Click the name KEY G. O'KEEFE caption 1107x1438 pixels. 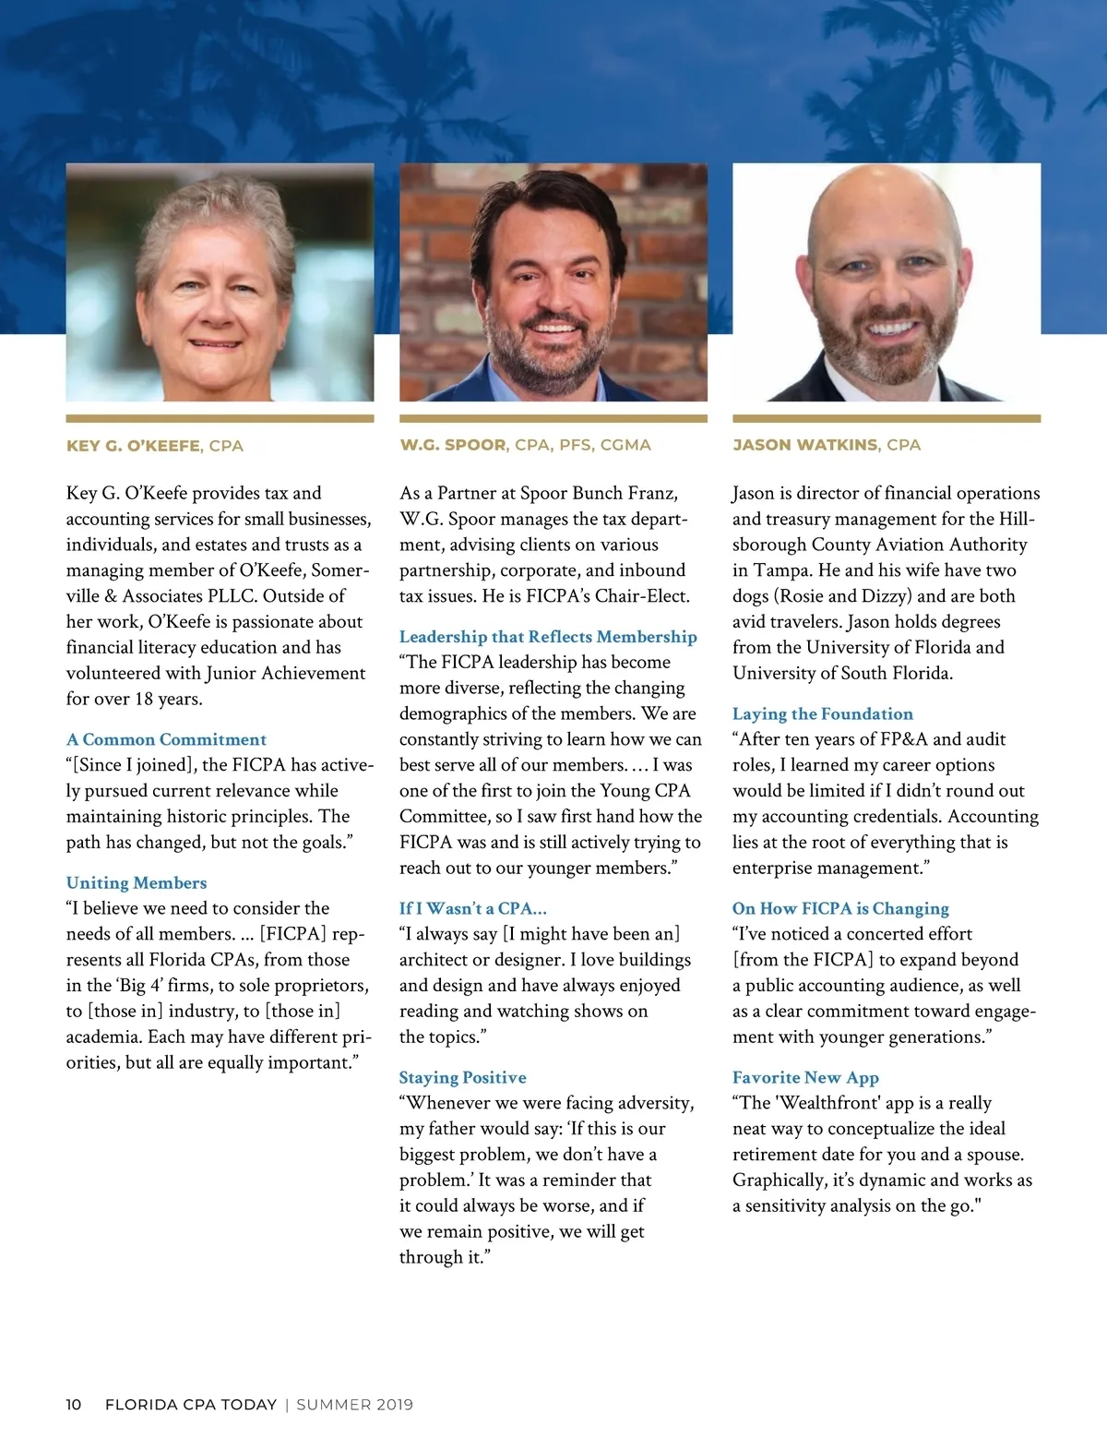(x=133, y=446)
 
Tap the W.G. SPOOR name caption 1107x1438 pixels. (x=452, y=445)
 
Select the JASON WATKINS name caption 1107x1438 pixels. (x=805, y=445)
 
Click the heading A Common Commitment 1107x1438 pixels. (x=166, y=739)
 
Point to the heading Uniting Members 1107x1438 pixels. (x=137, y=883)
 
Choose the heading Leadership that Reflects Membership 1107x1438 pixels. (x=548, y=637)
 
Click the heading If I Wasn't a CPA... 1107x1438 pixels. (x=472, y=909)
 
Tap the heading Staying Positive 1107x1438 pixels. (x=462, y=1078)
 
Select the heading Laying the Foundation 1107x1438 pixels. (x=822, y=714)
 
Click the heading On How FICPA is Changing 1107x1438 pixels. (x=840, y=909)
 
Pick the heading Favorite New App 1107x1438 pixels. (x=805, y=1078)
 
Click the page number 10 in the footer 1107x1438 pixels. (x=74, y=1405)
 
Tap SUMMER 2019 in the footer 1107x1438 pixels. (x=354, y=1405)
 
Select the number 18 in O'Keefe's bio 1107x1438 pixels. (x=144, y=699)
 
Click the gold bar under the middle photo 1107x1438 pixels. (x=553, y=419)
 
